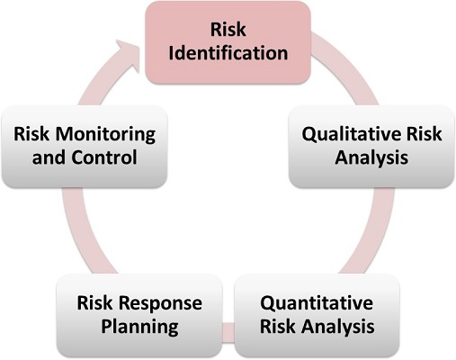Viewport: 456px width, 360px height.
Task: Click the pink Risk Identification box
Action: click(x=228, y=42)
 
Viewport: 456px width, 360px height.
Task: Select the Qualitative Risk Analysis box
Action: click(x=371, y=147)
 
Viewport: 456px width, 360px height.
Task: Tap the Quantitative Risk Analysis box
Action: click(x=317, y=315)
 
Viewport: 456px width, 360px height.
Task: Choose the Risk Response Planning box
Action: click(x=139, y=315)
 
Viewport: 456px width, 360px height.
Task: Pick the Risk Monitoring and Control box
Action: click(x=85, y=147)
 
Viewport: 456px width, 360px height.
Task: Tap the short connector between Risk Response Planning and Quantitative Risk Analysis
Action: click(x=228, y=332)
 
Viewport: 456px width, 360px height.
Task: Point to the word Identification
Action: click(x=228, y=53)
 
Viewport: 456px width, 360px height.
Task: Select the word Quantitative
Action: click(x=317, y=303)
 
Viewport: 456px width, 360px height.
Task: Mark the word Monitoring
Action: click(x=106, y=135)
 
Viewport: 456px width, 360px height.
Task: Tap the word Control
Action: click(x=104, y=157)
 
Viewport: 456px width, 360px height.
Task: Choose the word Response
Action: click(x=162, y=303)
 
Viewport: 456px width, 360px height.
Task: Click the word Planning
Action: click(x=139, y=327)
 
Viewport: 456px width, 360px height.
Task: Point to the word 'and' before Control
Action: click(x=49, y=157)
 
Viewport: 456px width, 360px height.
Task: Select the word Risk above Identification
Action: click(x=228, y=30)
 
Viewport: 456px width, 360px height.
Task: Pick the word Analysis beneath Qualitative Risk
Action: click(x=371, y=157)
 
